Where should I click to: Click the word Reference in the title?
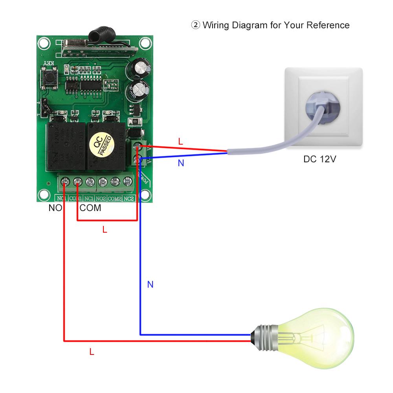[328, 26]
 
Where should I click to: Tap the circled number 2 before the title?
[195, 26]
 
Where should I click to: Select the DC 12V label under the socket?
[320, 160]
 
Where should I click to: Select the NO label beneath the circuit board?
[55, 208]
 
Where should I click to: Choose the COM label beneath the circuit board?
[90, 208]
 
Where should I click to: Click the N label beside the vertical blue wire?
[150, 285]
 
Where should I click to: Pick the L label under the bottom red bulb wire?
[92, 353]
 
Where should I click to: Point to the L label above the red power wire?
[180, 142]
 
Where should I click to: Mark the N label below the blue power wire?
[181, 163]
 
